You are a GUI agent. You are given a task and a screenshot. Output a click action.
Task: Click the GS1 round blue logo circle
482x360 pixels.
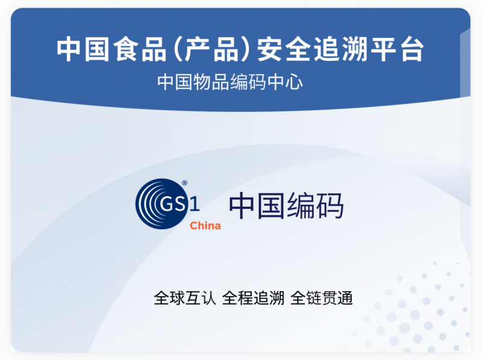pos(161,203)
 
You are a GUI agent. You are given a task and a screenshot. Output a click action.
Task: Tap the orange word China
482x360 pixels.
pos(205,226)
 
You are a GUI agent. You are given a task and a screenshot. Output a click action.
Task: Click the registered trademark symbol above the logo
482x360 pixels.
pos(184,183)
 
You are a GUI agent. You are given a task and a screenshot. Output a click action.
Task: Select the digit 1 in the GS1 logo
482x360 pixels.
pos(194,204)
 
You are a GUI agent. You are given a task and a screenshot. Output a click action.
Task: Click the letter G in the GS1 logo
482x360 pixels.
pos(167,203)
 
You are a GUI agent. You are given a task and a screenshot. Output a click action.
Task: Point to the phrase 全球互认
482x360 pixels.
pos(185,298)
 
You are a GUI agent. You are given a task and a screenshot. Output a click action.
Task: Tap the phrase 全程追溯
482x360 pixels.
pos(253,298)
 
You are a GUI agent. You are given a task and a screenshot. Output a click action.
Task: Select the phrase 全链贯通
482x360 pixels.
pos(321,298)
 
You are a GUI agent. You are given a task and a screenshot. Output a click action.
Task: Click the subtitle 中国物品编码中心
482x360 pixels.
pos(230,82)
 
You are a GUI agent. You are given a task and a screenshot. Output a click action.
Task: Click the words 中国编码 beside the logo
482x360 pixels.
pos(286,205)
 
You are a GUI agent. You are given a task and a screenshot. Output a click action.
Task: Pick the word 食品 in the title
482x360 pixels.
pos(140,49)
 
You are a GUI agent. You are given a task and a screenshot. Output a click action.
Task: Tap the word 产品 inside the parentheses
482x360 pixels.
pos(211,49)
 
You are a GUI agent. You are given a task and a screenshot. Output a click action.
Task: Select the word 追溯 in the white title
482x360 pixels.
pos(340,49)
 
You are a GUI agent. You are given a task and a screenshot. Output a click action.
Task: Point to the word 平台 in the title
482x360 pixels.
pos(398,49)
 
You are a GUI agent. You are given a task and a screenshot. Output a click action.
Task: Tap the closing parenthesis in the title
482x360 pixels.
pos(245,49)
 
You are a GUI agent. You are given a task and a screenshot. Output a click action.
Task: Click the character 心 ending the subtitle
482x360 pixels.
pos(294,82)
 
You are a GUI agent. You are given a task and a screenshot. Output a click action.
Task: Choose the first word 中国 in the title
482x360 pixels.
pos(83,49)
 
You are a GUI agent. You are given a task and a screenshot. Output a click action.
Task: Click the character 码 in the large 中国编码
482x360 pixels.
pos(330,205)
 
